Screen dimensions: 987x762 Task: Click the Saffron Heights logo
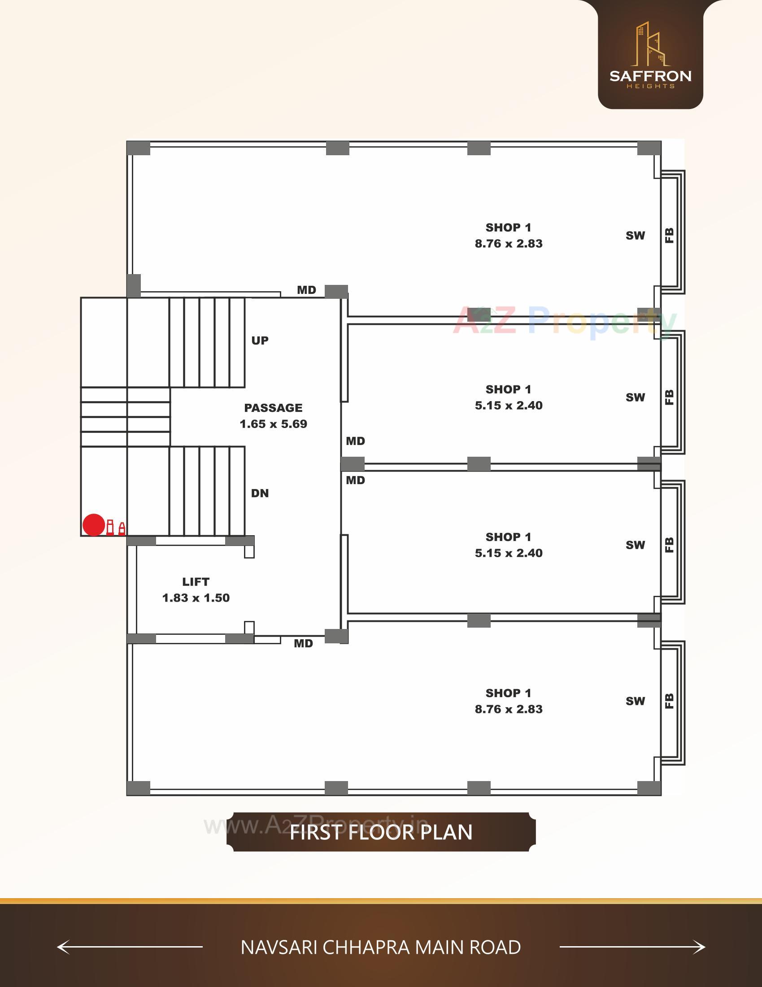tap(650, 55)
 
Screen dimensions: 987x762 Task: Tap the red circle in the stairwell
tap(94, 525)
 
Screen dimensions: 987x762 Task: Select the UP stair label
tap(260, 341)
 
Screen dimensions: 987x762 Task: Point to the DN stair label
tap(260, 493)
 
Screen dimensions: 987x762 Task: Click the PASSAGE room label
tap(273, 408)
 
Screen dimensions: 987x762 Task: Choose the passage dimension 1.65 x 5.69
tap(273, 424)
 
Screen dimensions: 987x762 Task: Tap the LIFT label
tap(196, 581)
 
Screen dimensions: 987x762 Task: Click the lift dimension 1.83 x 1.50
tap(196, 598)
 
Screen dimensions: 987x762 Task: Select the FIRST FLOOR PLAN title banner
tap(381, 832)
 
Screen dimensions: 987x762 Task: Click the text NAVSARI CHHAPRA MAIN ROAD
tap(381, 947)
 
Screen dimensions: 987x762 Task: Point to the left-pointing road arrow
tap(130, 947)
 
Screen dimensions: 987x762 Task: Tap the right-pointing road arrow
tap(632, 947)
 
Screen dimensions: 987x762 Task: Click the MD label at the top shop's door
tap(306, 290)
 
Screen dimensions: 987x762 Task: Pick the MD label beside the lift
tap(303, 643)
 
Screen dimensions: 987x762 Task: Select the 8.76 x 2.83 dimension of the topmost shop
tap(509, 244)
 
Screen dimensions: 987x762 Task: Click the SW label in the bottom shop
tap(635, 701)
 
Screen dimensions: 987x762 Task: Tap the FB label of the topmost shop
tap(670, 236)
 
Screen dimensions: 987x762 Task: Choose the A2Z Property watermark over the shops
tap(565, 321)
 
